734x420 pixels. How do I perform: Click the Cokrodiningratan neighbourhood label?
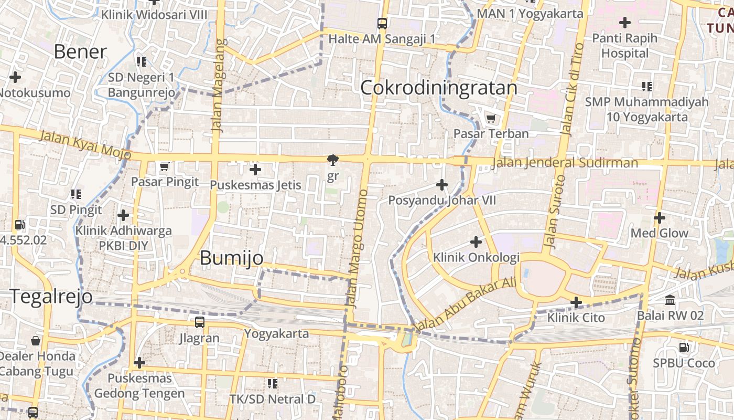[439, 88]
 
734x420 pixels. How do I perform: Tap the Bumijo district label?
[231, 257]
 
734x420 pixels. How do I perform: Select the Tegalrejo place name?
[51, 297]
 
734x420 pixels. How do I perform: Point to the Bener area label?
[80, 51]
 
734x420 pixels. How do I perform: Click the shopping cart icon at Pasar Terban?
[491, 119]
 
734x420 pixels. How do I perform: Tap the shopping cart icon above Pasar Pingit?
[165, 167]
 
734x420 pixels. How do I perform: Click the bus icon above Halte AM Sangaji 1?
[382, 24]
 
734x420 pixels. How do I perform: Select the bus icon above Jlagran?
[199, 322]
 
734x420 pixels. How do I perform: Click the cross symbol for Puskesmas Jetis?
[255, 170]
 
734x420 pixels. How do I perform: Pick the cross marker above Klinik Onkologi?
[476, 242]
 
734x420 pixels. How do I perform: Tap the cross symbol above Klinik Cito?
[576, 302]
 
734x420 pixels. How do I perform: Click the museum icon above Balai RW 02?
[670, 300]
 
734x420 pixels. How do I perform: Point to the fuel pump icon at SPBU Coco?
[684, 347]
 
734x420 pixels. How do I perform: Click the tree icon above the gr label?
[332, 160]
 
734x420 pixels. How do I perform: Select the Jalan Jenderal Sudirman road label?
[565, 163]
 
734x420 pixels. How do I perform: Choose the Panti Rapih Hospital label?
[624, 46]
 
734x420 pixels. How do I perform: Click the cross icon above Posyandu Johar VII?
[442, 185]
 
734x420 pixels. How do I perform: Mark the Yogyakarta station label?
[276, 333]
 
